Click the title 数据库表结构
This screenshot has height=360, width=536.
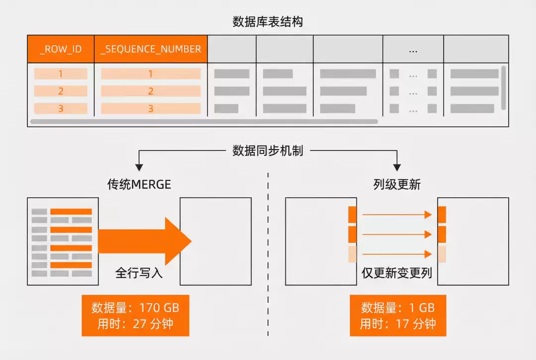click(x=268, y=22)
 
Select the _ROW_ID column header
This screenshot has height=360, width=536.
click(x=61, y=49)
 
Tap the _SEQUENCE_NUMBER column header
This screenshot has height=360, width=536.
click(x=150, y=49)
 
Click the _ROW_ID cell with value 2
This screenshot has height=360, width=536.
click(x=61, y=91)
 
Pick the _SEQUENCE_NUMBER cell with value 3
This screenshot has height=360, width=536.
click(x=150, y=109)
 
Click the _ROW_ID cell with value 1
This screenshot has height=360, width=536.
click(x=61, y=74)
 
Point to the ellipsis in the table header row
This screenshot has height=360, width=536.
click(x=413, y=50)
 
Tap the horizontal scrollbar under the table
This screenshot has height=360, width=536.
click(x=203, y=121)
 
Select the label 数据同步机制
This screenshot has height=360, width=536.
click(x=268, y=150)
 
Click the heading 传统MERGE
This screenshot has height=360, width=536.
click(x=139, y=185)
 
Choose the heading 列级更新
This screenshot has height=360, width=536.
click(x=397, y=185)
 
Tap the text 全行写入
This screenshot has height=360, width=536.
click(x=139, y=273)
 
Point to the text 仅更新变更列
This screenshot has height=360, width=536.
click(x=397, y=273)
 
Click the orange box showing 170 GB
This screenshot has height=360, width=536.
click(x=135, y=315)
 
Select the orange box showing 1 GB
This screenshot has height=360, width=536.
click(x=398, y=315)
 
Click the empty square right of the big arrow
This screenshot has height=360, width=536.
click(x=215, y=241)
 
